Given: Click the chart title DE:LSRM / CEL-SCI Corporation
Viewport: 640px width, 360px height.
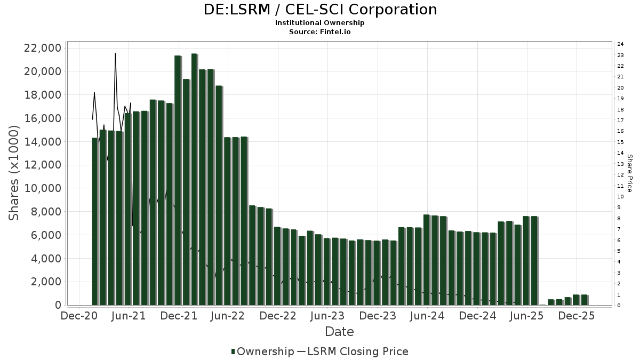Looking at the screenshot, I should pyautogui.click(x=320, y=10).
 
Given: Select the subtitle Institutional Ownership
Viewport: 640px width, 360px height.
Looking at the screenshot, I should pyautogui.click(x=320, y=23).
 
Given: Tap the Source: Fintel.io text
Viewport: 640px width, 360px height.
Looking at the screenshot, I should pyautogui.click(x=320, y=32).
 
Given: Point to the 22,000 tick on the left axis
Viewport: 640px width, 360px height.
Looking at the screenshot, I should pyautogui.click(x=43, y=49).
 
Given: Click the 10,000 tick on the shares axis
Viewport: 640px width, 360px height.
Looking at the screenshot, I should pyautogui.click(x=43, y=188).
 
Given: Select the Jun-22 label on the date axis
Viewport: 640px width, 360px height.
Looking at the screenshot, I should pyautogui.click(x=228, y=316).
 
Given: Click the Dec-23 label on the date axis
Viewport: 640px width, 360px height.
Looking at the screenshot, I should pyautogui.click(x=377, y=316).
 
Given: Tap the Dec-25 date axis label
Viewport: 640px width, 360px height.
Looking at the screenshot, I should pyautogui.click(x=577, y=316).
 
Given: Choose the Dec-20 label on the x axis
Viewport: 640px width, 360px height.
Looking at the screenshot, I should pyautogui.click(x=78, y=316).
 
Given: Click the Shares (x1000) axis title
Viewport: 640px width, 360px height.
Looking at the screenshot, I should pyautogui.click(x=14, y=173).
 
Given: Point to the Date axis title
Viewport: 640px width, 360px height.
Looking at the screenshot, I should pyautogui.click(x=339, y=332).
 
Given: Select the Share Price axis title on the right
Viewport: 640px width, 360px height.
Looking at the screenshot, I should pyautogui.click(x=629, y=173).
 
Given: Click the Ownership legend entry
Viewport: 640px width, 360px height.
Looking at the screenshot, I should pyautogui.click(x=262, y=351).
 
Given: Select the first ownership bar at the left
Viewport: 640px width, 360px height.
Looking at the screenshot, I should pyautogui.click(x=95, y=221).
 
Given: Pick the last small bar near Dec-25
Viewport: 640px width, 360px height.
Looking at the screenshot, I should pyautogui.click(x=585, y=300).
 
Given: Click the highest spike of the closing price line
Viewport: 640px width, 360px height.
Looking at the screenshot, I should pyautogui.click(x=115, y=54).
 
